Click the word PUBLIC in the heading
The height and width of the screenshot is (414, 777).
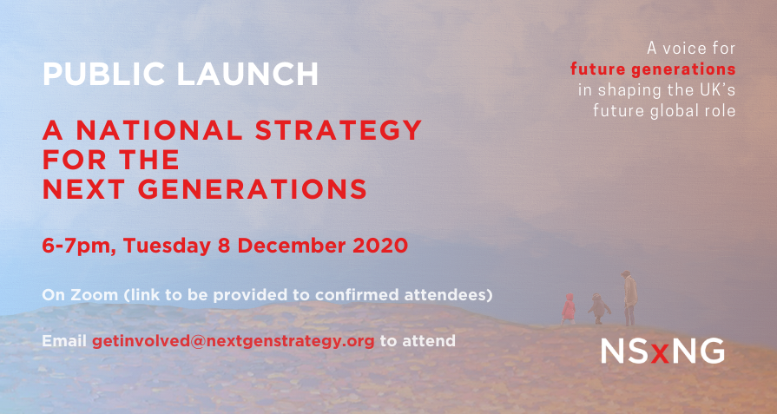tap(103, 75)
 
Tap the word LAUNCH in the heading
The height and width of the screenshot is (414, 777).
tap(247, 75)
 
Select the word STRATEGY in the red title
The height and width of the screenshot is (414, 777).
tap(339, 130)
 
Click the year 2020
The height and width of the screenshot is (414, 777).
tap(380, 246)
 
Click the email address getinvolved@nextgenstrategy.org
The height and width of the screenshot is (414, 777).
tap(234, 342)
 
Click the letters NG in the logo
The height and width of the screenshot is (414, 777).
tap(695, 351)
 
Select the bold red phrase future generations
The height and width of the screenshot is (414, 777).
tap(653, 69)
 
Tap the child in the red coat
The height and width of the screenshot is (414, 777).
tap(569, 307)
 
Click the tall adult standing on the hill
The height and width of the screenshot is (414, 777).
tap(629, 297)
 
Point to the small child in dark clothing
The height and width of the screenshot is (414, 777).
tap(599, 308)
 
